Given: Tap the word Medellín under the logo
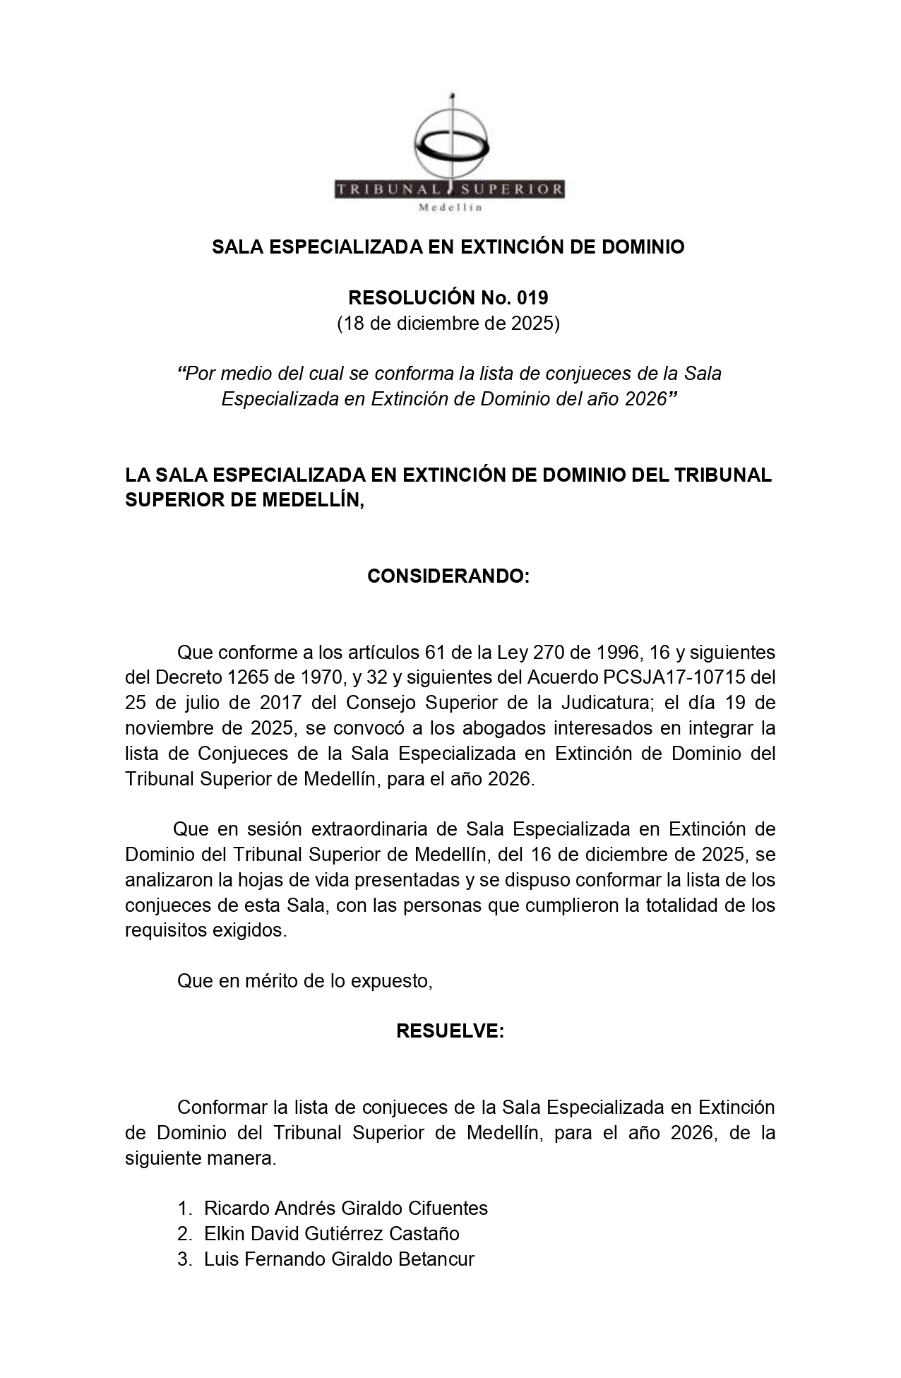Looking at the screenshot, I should pyautogui.click(x=450, y=208).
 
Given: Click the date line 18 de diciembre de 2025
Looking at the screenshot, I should pyautogui.click(x=448, y=323).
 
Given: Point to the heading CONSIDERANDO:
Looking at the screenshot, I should pyautogui.click(x=448, y=576).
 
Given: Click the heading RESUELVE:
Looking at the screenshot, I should pyautogui.click(x=450, y=1031).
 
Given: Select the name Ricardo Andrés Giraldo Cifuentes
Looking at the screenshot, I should pyautogui.click(x=346, y=1208).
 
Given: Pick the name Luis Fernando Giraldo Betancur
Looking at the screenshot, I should pyautogui.click(x=339, y=1259).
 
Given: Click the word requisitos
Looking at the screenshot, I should pyautogui.click(x=166, y=930).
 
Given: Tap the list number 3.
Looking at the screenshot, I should pyautogui.click(x=184, y=1259).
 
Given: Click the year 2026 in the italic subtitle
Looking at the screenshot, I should pyautogui.click(x=645, y=399).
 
